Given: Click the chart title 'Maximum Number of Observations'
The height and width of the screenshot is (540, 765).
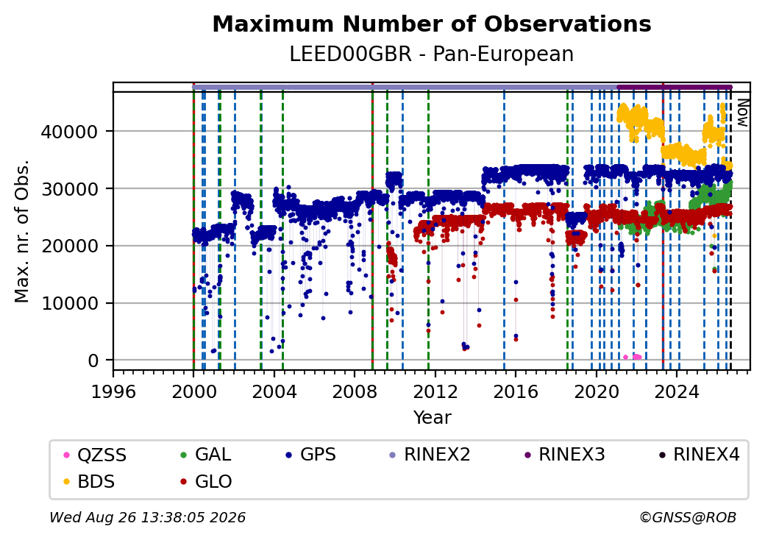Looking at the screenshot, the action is click(432, 24).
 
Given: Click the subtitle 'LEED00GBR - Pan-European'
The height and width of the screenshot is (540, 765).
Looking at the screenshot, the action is click(432, 54).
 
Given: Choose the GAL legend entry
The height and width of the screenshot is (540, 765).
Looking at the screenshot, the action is click(205, 455).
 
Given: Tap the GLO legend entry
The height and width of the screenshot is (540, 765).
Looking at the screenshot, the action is click(206, 481).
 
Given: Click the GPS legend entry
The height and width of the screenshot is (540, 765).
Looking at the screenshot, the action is click(310, 455).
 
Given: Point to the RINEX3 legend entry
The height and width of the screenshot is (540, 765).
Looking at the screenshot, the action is click(564, 455).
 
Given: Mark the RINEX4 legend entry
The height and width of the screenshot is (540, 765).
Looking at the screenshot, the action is click(699, 455).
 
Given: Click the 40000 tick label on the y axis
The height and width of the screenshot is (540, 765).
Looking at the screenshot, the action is click(70, 132).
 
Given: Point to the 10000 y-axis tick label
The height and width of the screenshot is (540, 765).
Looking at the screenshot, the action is click(70, 303).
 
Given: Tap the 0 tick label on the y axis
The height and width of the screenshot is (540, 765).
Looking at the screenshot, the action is click(93, 361).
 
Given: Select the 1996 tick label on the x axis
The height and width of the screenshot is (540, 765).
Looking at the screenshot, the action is click(114, 391).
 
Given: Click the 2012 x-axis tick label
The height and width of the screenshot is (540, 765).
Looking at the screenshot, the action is click(435, 391).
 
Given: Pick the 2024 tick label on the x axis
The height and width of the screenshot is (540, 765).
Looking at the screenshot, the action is click(677, 391).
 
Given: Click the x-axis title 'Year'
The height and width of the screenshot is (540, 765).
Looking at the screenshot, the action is click(433, 418).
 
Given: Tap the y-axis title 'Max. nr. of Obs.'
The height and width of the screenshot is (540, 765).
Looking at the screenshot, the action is click(22, 231).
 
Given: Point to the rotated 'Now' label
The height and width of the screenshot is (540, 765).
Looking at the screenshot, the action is click(742, 113).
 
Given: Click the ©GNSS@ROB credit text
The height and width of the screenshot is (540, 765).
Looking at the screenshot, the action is click(688, 517).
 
